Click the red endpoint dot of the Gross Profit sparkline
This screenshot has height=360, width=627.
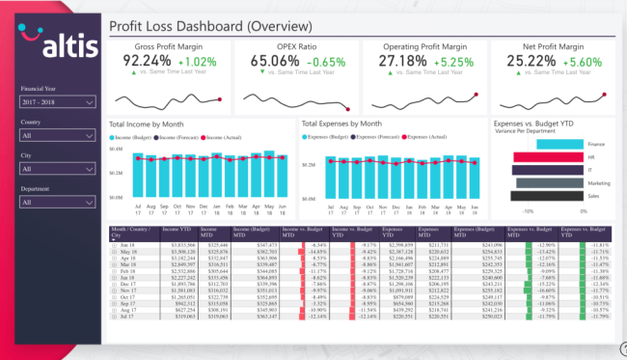[x=221, y=98]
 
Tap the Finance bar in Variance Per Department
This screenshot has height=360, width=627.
[x=544, y=144]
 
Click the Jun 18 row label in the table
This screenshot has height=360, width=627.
[x=126, y=245]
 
